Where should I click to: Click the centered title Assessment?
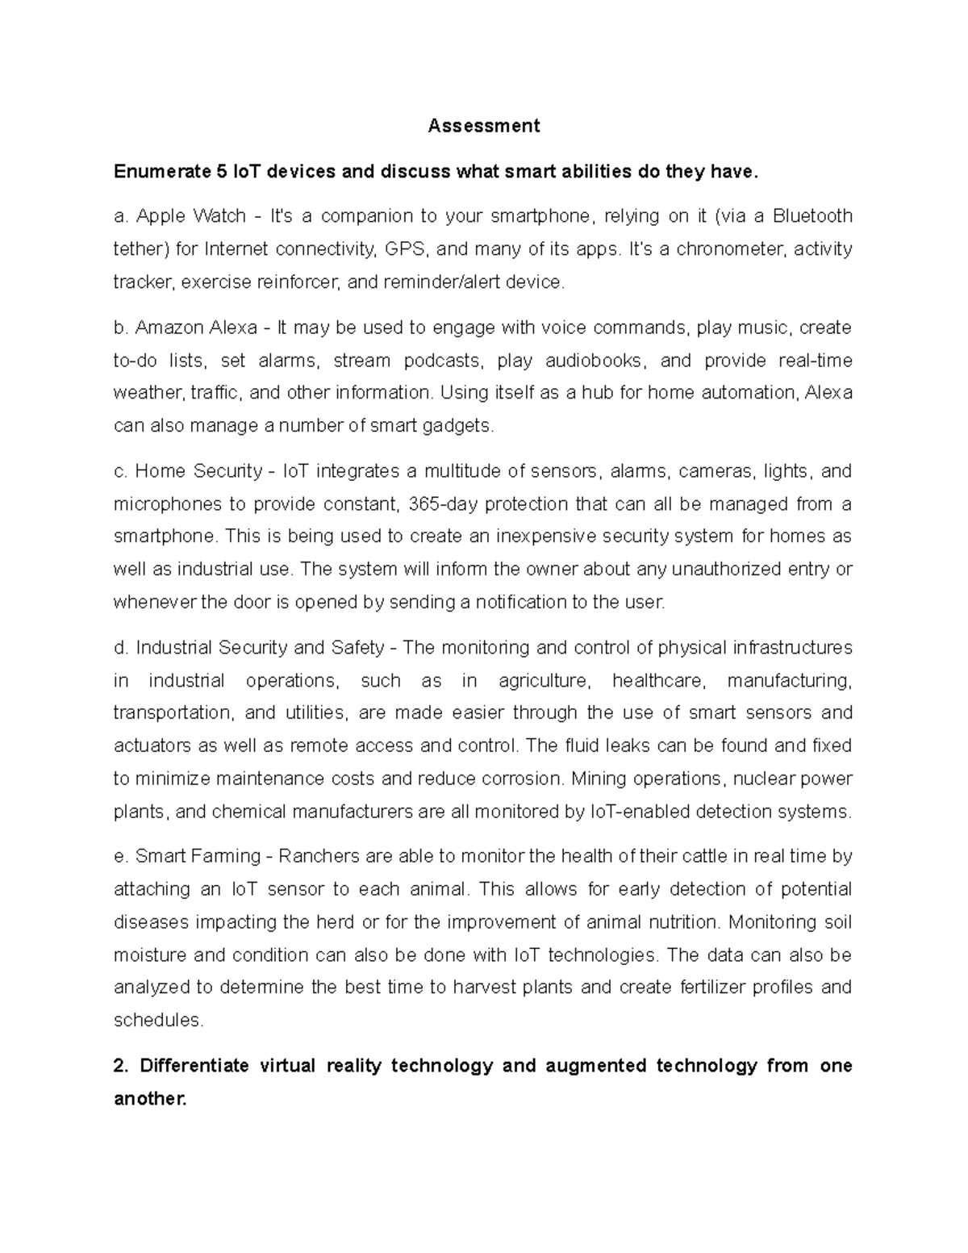tap(483, 126)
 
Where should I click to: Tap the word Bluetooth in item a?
tap(812, 216)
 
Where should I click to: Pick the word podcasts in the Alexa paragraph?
tap(440, 360)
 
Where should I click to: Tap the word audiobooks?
tap(595, 360)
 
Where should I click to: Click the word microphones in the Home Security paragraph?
tap(167, 504)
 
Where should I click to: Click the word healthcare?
tap(659, 681)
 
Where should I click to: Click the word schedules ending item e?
tap(157, 1021)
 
